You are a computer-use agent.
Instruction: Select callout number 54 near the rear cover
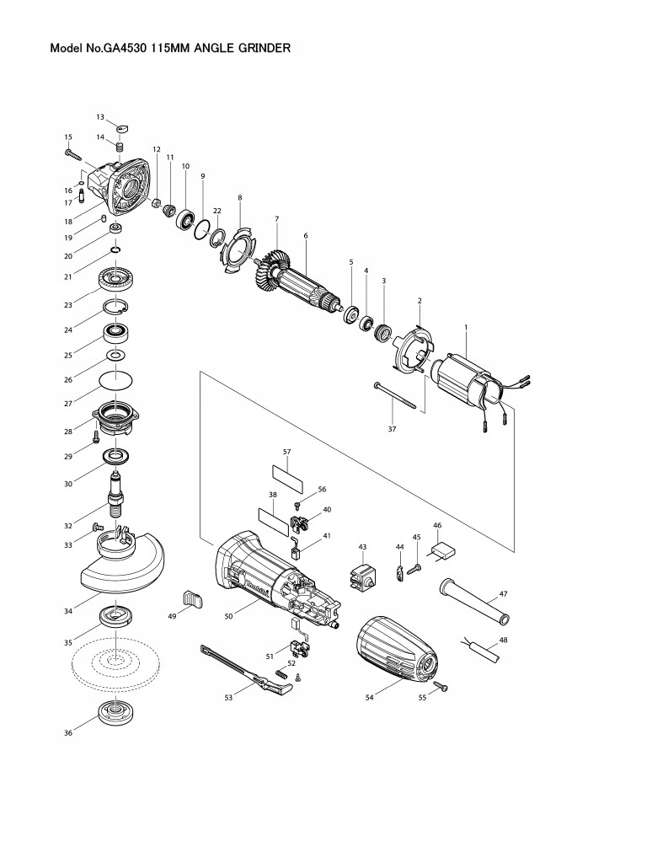click(369, 697)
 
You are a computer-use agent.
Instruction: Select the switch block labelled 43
click(361, 579)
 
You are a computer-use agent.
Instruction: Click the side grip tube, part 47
click(473, 602)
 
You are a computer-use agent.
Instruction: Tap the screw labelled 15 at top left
click(71, 154)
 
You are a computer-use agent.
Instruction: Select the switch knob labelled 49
click(193, 598)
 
